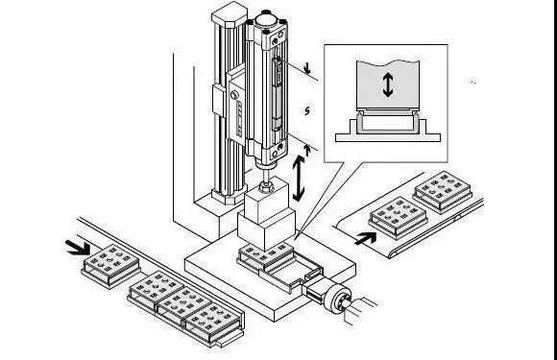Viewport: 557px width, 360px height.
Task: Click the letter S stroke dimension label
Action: [307, 110]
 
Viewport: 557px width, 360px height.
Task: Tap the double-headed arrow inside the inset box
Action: [388, 84]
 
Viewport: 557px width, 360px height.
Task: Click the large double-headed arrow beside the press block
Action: [299, 178]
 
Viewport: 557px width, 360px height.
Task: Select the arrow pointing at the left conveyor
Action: [78, 247]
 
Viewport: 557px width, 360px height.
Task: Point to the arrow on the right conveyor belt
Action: [366, 238]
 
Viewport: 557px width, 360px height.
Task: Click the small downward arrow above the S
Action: [307, 68]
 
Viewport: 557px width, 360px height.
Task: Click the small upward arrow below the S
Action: [307, 150]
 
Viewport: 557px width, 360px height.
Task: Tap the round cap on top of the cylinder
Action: [266, 19]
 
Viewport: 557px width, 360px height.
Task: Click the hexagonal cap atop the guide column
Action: [230, 13]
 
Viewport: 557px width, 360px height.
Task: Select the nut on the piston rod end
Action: [266, 186]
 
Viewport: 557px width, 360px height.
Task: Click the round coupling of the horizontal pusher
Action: [337, 300]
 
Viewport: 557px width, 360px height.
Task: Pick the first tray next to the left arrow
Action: [110, 266]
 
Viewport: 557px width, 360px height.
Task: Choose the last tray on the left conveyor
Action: [213, 324]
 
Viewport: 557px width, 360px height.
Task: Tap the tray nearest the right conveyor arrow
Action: [398, 218]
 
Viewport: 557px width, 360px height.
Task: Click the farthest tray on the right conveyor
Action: [443, 192]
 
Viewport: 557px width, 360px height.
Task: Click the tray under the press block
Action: [266, 257]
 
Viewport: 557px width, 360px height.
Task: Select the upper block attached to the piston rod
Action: [266, 201]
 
